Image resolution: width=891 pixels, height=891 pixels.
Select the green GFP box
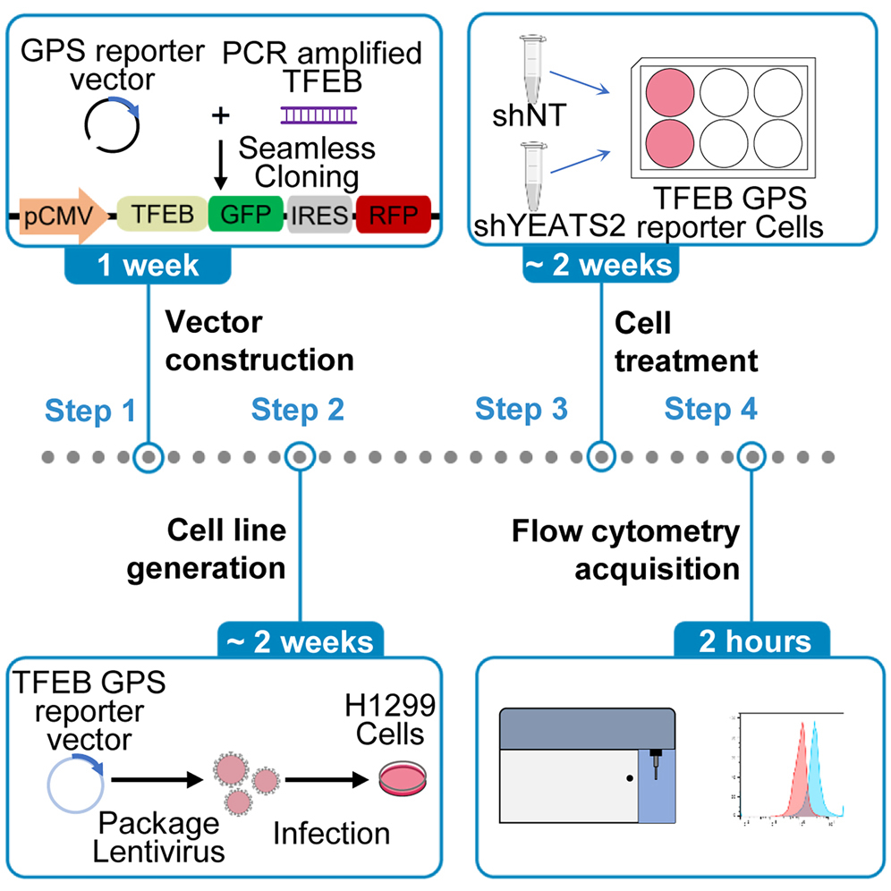click(x=245, y=215)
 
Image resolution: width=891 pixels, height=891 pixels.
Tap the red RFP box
click(x=393, y=215)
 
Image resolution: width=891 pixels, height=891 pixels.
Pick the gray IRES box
click(x=319, y=215)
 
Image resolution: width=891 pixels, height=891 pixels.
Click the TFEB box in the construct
click(x=159, y=215)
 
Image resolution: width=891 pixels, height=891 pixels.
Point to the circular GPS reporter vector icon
click(x=111, y=123)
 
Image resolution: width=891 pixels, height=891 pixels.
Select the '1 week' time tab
click(x=148, y=266)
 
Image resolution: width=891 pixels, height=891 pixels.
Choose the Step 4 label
click(x=711, y=411)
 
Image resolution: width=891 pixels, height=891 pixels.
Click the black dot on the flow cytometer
click(x=630, y=779)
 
